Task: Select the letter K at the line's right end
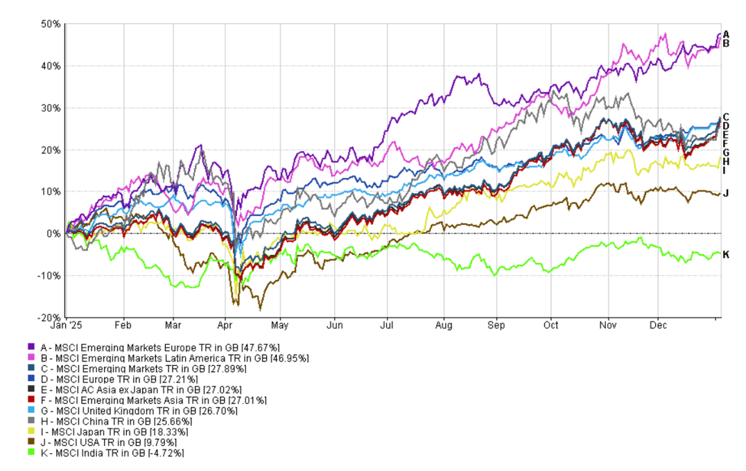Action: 726,255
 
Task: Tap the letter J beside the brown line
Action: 726,193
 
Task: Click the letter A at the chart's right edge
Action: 726,34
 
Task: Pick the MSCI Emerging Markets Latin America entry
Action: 166,357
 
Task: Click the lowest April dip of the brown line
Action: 260,309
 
